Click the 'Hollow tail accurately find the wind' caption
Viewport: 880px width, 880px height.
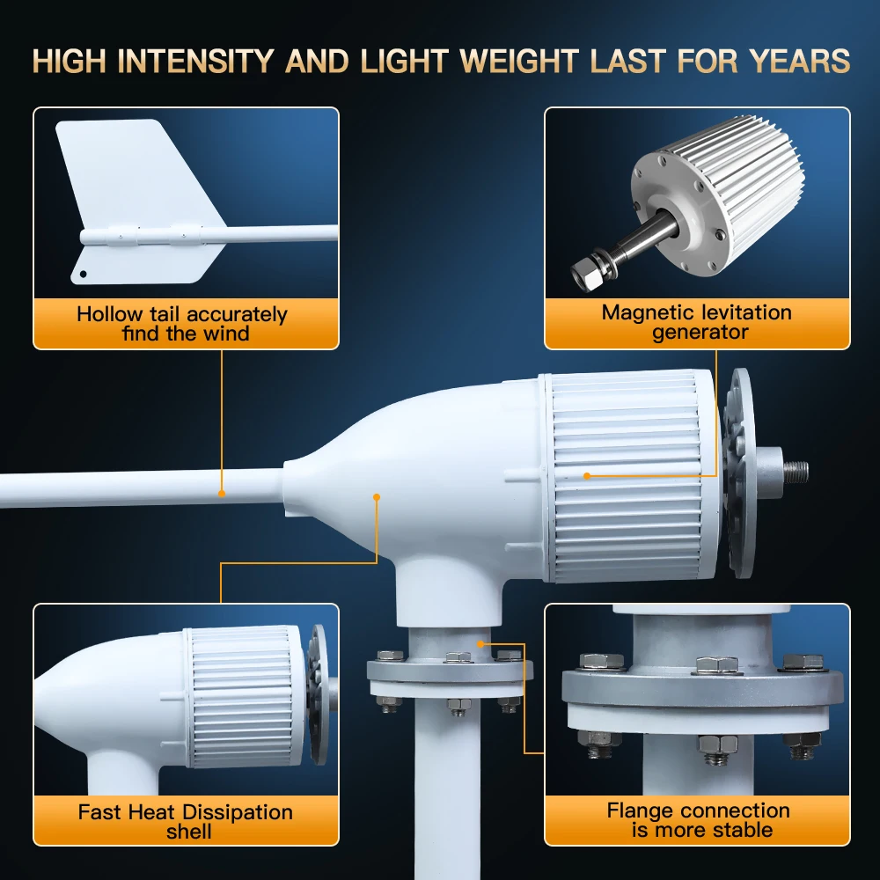click(182, 324)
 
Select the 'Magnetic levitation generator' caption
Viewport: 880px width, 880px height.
click(697, 322)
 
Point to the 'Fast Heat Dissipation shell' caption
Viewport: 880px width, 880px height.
click(186, 821)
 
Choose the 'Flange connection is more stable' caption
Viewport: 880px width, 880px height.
click(699, 819)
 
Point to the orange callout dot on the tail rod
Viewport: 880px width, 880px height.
click(222, 494)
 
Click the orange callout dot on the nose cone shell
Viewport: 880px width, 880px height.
click(377, 497)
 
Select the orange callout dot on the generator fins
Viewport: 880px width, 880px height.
click(587, 476)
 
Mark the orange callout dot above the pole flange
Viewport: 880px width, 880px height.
click(480, 643)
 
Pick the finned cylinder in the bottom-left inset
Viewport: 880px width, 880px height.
click(245, 695)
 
